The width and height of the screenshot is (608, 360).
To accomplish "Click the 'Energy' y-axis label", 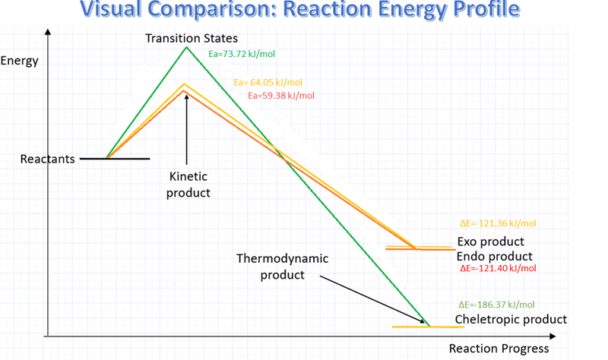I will (x=20, y=61).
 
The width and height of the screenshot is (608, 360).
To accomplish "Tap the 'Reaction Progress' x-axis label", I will (x=499, y=349).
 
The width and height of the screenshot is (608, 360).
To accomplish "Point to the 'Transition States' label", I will (x=192, y=38).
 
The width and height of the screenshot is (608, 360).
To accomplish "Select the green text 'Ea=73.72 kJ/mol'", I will (x=242, y=54).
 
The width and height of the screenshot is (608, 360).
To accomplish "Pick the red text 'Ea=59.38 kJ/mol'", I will (x=281, y=96).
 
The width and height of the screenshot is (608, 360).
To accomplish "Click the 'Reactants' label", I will (x=47, y=159).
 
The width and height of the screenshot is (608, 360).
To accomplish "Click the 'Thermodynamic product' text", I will (x=282, y=267).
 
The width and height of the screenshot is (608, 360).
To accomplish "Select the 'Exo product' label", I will (x=490, y=242).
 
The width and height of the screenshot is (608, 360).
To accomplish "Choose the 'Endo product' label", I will (x=494, y=257).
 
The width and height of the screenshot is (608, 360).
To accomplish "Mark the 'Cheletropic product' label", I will (x=511, y=319).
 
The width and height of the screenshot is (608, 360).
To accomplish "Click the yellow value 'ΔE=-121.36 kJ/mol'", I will (x=498, y=223).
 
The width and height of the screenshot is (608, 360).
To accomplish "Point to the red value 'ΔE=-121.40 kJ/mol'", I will (x=498, y=269).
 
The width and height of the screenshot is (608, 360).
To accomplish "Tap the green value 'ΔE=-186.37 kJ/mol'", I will (x=497, y=305).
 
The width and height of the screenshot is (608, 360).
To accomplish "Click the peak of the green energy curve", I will (x=186, y=48).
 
